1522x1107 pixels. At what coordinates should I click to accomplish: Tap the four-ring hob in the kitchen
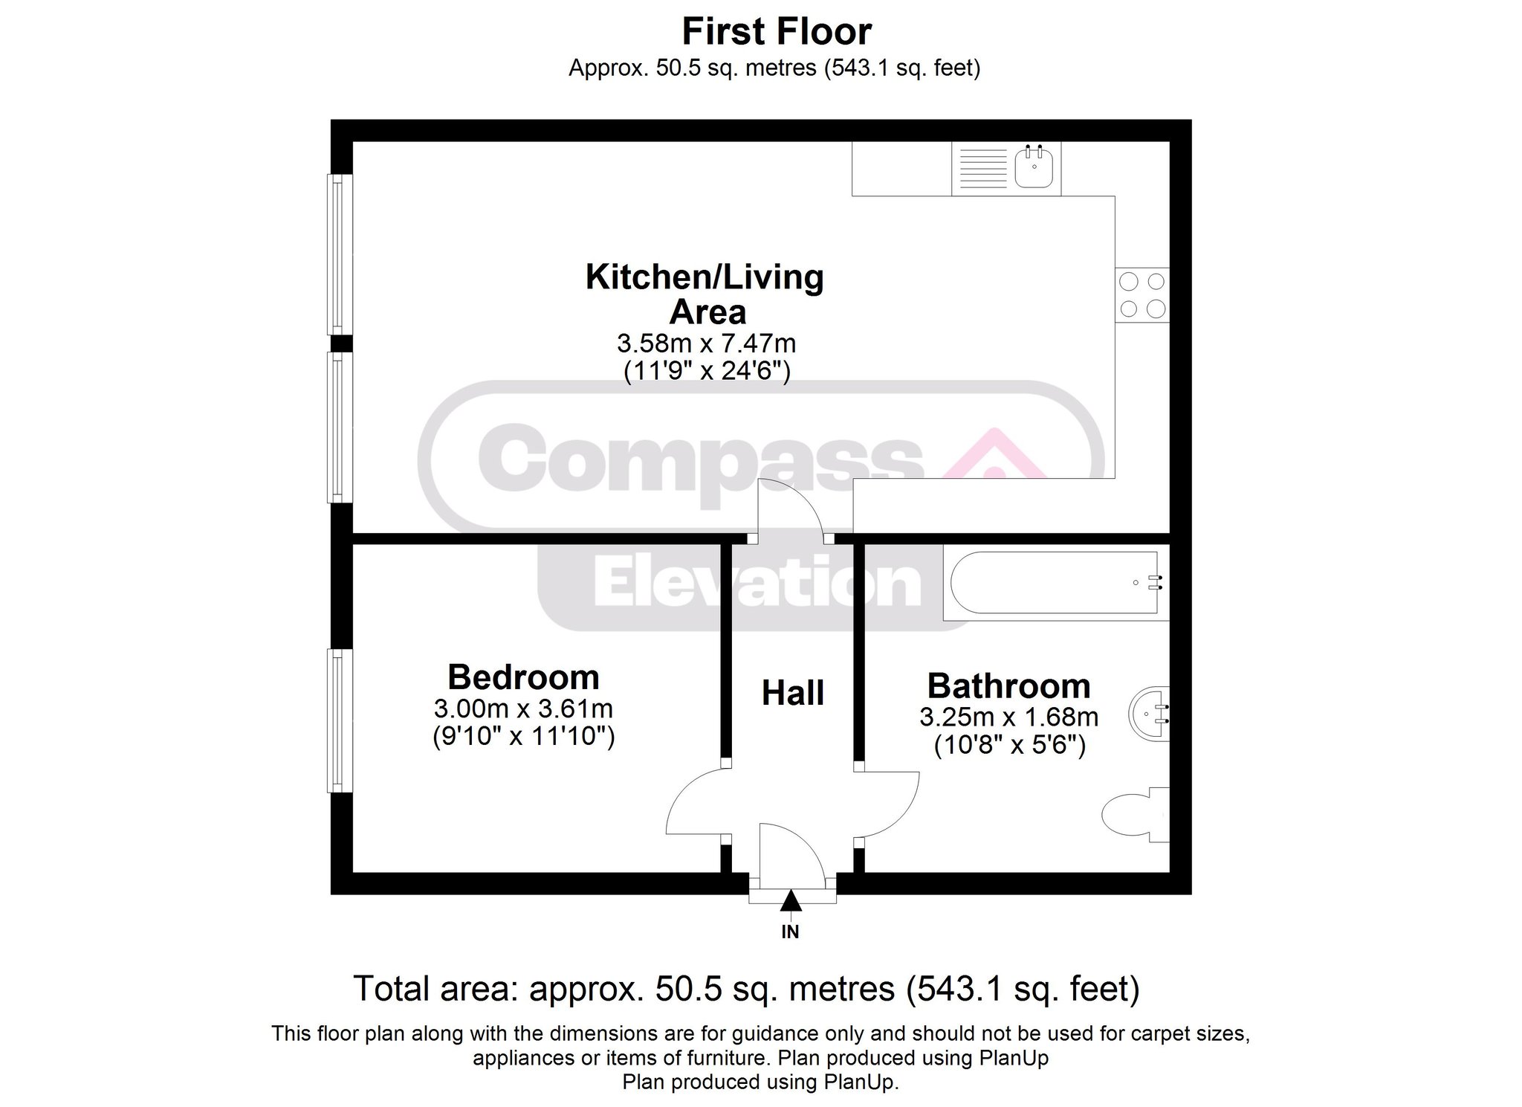click(1142, 295)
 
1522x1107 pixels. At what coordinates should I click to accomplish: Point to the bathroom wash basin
click(1149, 714)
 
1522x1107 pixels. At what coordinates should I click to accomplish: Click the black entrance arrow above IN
click(791, 901)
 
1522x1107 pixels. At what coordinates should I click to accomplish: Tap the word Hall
click(793, 693)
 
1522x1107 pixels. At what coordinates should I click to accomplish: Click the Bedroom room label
click(523, 677)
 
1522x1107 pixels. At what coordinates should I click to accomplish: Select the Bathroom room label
click(1008, 685)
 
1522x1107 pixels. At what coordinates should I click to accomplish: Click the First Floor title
click(777, 32)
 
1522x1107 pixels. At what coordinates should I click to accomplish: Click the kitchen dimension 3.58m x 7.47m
click(706, 343)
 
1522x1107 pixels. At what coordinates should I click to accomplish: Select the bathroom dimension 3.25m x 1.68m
click(1009, 717)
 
